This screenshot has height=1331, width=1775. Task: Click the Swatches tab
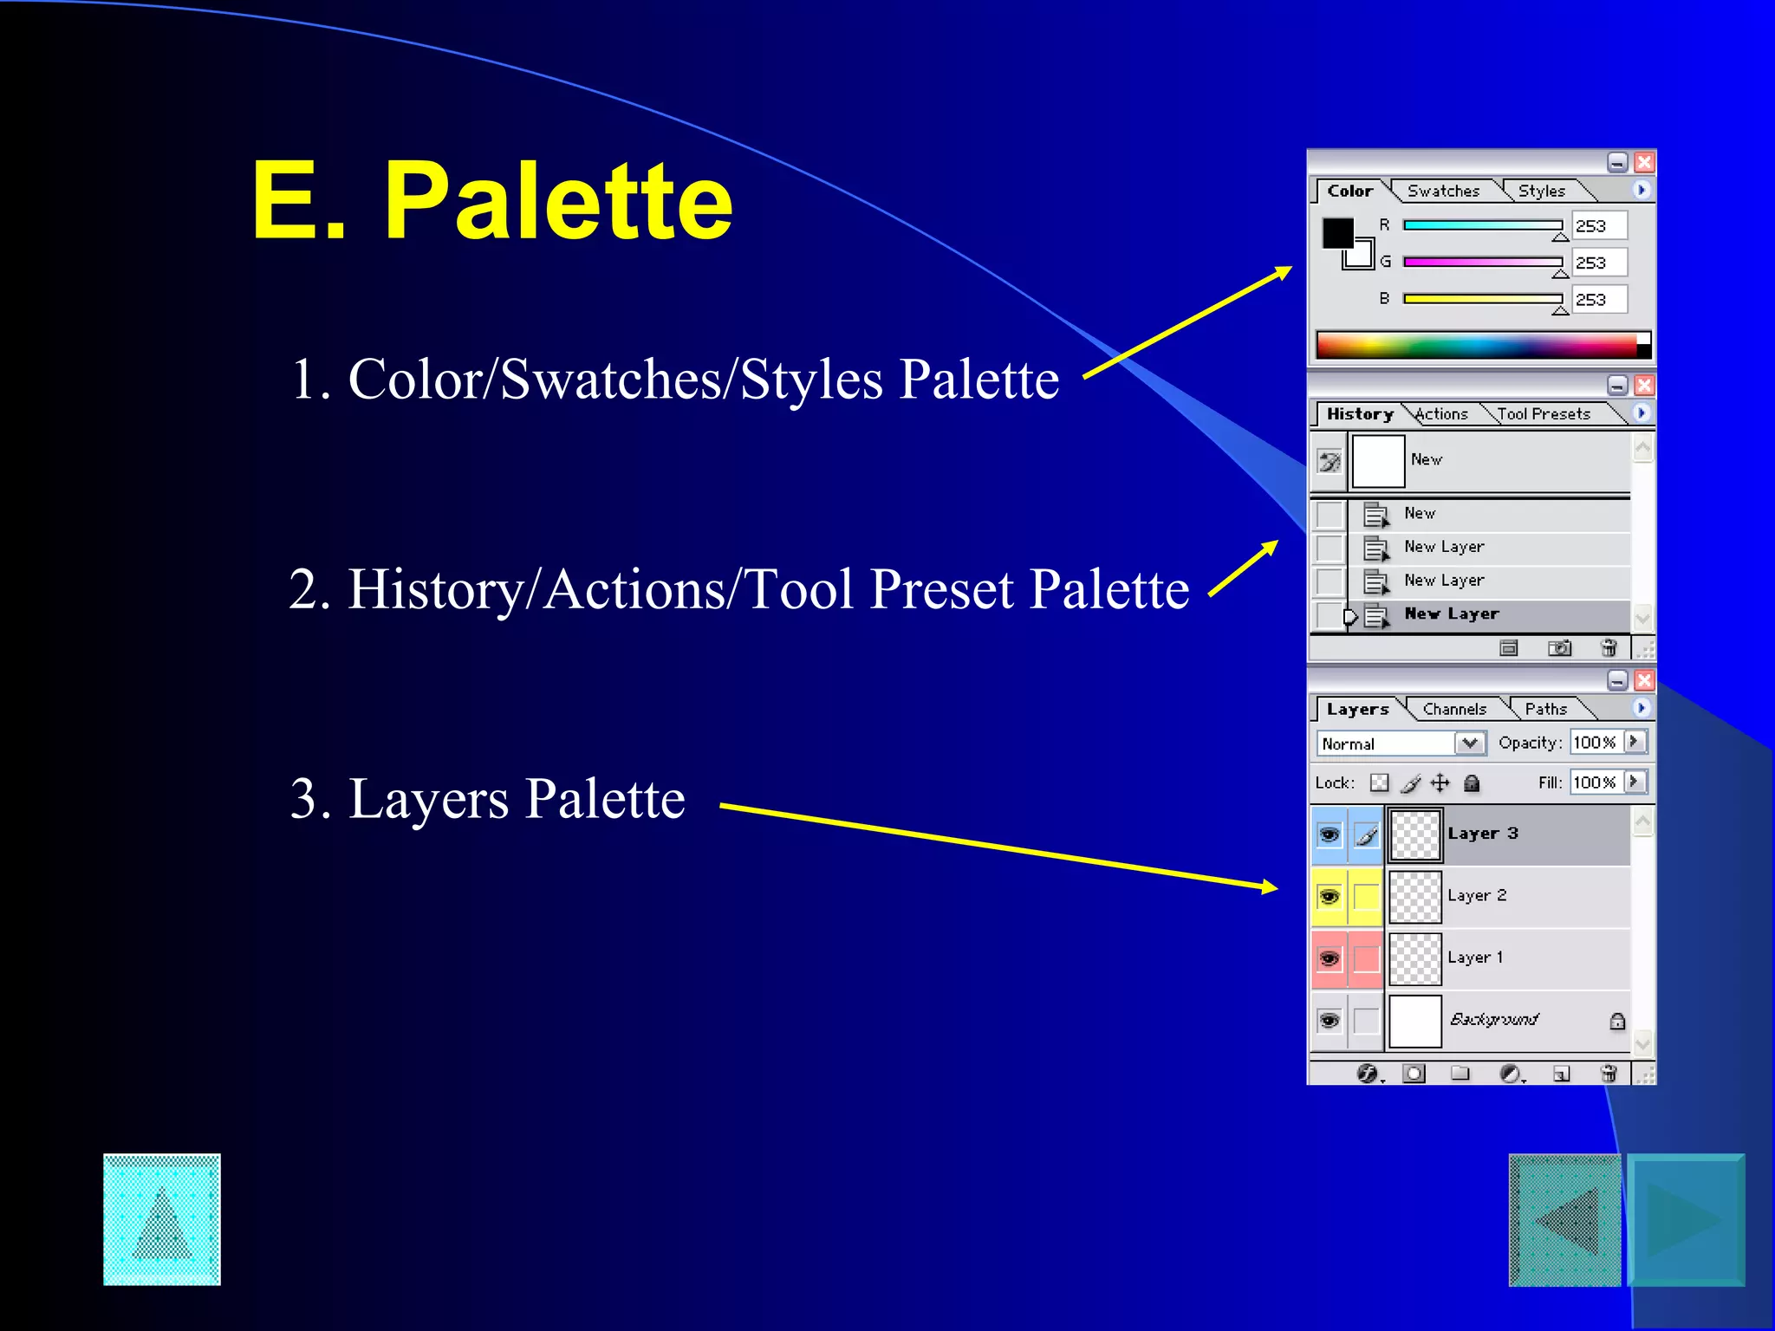1443,191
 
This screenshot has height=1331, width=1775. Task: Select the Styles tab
1541,191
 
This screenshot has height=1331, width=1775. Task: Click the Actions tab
1442,414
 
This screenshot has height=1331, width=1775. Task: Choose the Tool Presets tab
1544,414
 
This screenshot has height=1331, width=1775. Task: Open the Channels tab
1454,709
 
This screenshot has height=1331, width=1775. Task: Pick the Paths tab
1545,709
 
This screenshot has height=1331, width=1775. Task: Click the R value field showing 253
1599,226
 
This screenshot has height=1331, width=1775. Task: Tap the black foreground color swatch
1336,232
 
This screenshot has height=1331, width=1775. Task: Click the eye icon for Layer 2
1329,896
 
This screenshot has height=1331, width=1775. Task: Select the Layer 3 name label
1483,834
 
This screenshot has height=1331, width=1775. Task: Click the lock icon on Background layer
1617,1021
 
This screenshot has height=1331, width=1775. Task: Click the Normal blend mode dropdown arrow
1470,743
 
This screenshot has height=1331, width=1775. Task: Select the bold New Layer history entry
1452,614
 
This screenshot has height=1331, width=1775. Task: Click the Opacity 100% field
1596,743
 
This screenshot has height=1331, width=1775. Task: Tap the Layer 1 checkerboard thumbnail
1415,958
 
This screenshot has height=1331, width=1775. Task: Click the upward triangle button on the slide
162,1219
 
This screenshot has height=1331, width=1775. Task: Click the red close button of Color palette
1644,163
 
